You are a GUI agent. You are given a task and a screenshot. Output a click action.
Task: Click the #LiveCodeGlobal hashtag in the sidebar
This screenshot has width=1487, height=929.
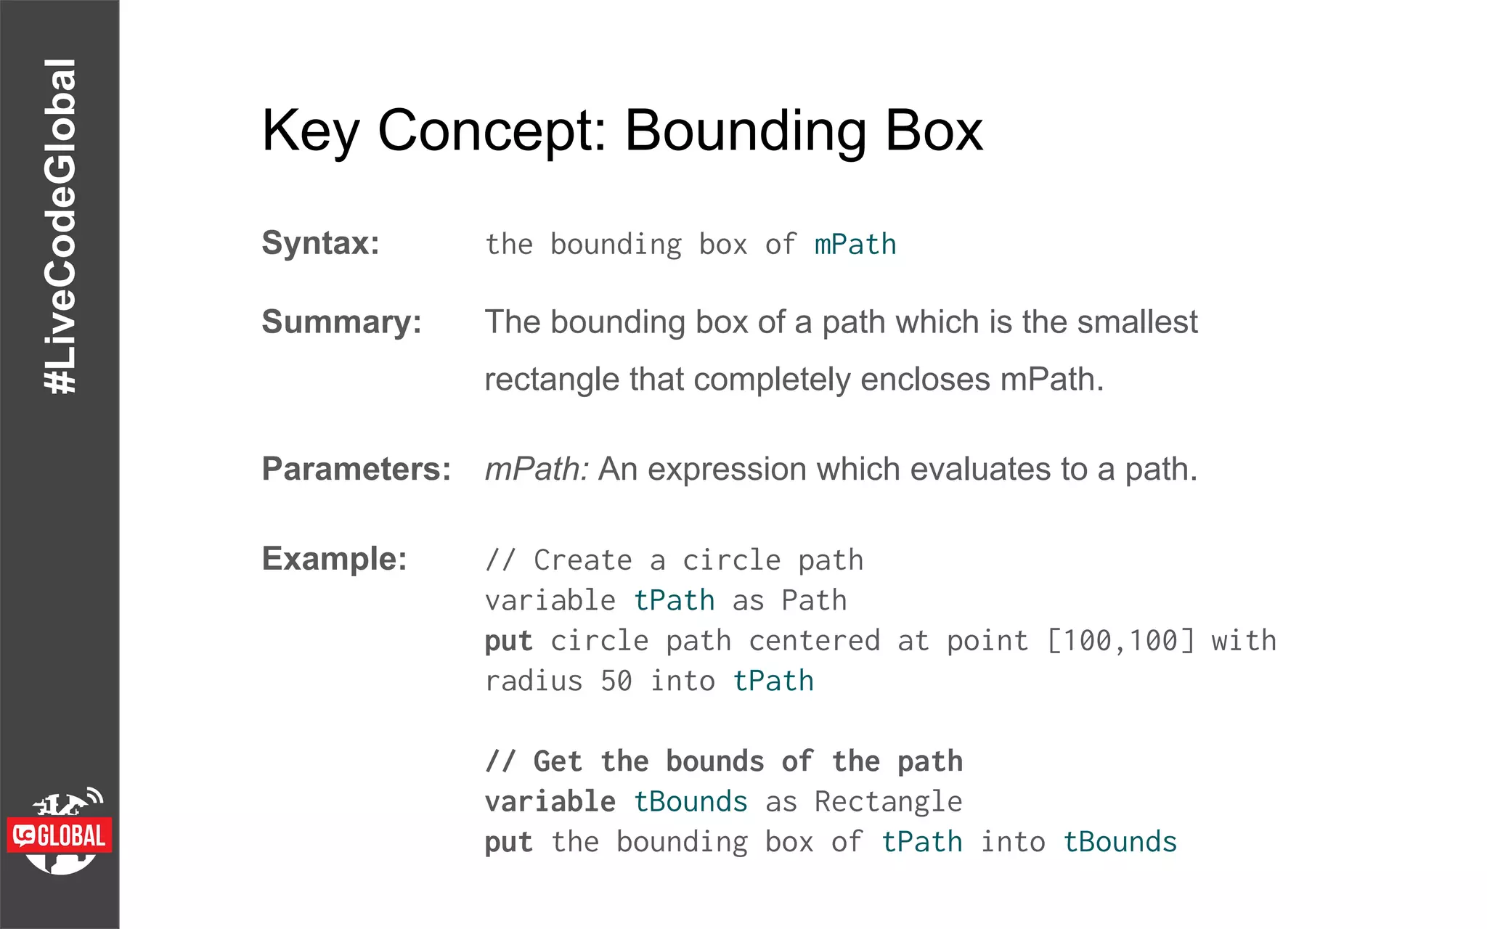[x=60, y=226]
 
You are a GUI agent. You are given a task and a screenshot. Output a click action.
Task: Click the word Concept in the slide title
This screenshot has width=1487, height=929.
[x=492, y=131]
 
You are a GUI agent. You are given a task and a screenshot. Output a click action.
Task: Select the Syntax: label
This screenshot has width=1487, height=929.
[x=320, y=243]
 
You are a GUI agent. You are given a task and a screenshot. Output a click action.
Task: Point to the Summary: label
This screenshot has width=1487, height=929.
[x=341, y=322]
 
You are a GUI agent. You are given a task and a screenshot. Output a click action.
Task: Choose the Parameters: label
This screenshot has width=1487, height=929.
[x=356, y=469]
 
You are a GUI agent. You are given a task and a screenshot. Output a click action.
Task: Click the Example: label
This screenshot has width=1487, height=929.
[x=334, y=559]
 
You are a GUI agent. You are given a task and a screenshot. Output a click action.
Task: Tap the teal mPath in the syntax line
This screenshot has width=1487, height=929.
[x=855, y=245]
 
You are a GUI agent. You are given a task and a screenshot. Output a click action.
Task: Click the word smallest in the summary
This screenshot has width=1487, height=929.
[x=1137, y=322]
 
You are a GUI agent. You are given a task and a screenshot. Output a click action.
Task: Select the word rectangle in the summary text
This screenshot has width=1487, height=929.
[x=551, y=380]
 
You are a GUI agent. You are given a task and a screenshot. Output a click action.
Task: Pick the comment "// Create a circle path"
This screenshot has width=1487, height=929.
[x=674, y=560]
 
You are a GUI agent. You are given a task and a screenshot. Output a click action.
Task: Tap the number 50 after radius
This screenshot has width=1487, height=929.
[x=616, y=682]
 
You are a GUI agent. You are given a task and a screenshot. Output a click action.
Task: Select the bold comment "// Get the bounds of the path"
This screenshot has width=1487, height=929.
[x=723, y=761]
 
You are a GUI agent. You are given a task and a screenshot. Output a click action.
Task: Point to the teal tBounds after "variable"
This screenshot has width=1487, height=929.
[x=690, y=802]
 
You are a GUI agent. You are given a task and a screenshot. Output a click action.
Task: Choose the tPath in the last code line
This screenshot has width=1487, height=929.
[x=921, y=842]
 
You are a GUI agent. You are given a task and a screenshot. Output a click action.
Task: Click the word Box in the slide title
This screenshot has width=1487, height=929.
[x=934, y=131]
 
